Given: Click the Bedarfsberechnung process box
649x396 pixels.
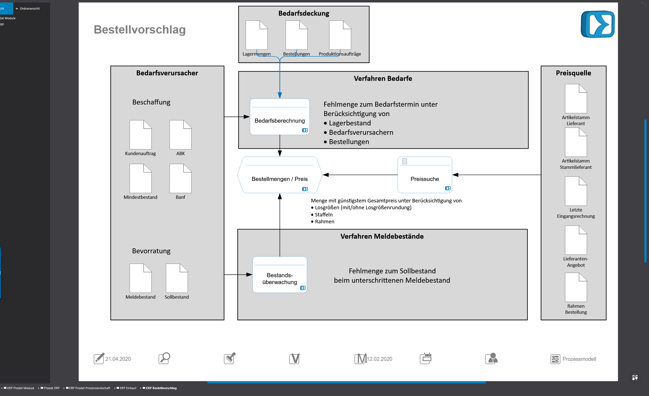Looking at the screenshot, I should tap(280, 117).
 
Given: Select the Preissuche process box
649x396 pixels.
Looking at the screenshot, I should tap(425, 175).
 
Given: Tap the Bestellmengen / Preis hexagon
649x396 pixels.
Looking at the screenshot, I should tap(280, 175).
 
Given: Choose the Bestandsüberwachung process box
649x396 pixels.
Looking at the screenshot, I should tap(280, 275).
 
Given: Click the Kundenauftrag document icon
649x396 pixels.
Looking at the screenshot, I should tap(141, 135).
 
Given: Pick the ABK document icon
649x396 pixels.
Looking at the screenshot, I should tap(180, 135).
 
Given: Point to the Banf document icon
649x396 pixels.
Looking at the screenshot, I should tap(180, 178).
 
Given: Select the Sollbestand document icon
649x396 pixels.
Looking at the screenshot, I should tap(177, 278).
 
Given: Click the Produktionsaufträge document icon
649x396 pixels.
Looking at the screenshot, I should tap(340, 35).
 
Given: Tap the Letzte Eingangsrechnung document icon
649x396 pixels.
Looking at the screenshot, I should tap(576, 191).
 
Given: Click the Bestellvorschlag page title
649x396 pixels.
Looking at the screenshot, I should tap(140, 30).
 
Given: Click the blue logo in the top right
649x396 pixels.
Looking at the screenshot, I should tap(598, 24).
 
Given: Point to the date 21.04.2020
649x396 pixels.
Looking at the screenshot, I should tap(118, 359).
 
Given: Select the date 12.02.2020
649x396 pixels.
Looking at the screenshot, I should tap(380, 359).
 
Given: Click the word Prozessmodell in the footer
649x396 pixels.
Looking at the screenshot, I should tap(579, 359).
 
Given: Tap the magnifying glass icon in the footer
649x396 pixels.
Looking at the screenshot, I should tap(164, 358).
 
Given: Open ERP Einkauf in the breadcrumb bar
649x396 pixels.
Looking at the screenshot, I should tap(128, 388).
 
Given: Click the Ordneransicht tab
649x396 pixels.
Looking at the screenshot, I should tap(29, 9).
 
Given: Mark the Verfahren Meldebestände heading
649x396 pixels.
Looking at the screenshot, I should tap(382, 237).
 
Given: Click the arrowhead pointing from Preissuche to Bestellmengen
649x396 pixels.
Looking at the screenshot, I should tap(326, 175).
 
